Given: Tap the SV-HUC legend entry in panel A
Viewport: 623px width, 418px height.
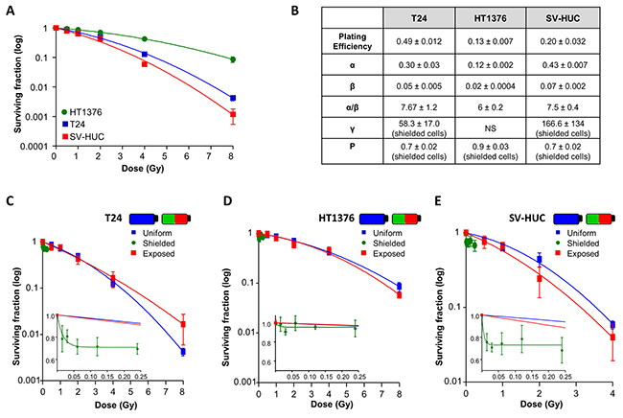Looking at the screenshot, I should point(83,136).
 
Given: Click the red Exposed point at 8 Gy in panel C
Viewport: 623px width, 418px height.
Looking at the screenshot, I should point(182,324).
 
